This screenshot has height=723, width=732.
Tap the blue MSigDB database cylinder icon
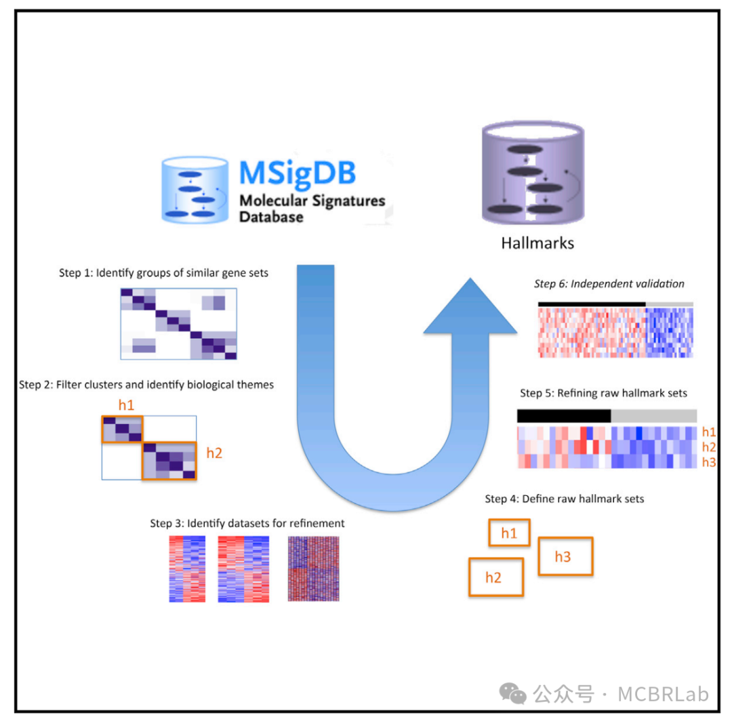194,190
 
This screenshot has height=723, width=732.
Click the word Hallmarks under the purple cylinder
537,243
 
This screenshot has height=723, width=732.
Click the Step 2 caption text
146,384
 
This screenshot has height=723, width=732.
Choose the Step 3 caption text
247,523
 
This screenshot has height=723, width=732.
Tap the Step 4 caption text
565,499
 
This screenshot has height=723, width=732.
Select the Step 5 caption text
604,393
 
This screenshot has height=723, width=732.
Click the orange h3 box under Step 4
565,556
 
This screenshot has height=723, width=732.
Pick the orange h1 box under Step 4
509,533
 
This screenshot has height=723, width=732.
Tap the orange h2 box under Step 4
495,577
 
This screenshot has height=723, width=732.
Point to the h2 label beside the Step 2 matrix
213,453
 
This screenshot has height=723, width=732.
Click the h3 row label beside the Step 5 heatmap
709,461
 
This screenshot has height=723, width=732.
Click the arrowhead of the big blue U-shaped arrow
468,304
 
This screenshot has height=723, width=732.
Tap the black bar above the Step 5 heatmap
564,415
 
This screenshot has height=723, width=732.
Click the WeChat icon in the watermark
512,693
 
